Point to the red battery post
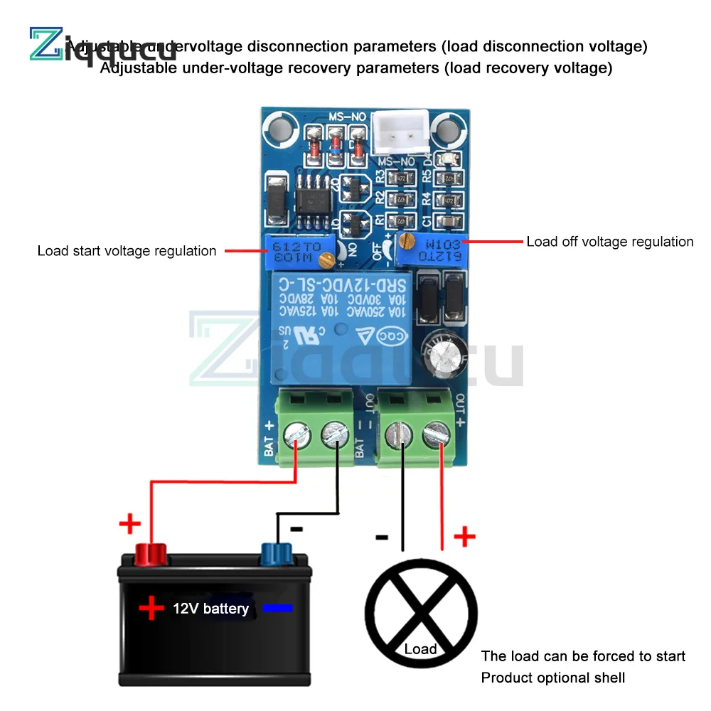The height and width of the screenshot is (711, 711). click(151, 552)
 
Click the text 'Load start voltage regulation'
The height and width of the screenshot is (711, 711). click(127, 251)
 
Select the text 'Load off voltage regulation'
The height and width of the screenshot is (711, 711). click(609, 242)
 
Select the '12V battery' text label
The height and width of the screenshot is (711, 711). click(210, 609)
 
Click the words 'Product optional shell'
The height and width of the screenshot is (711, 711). click(553, 678)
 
